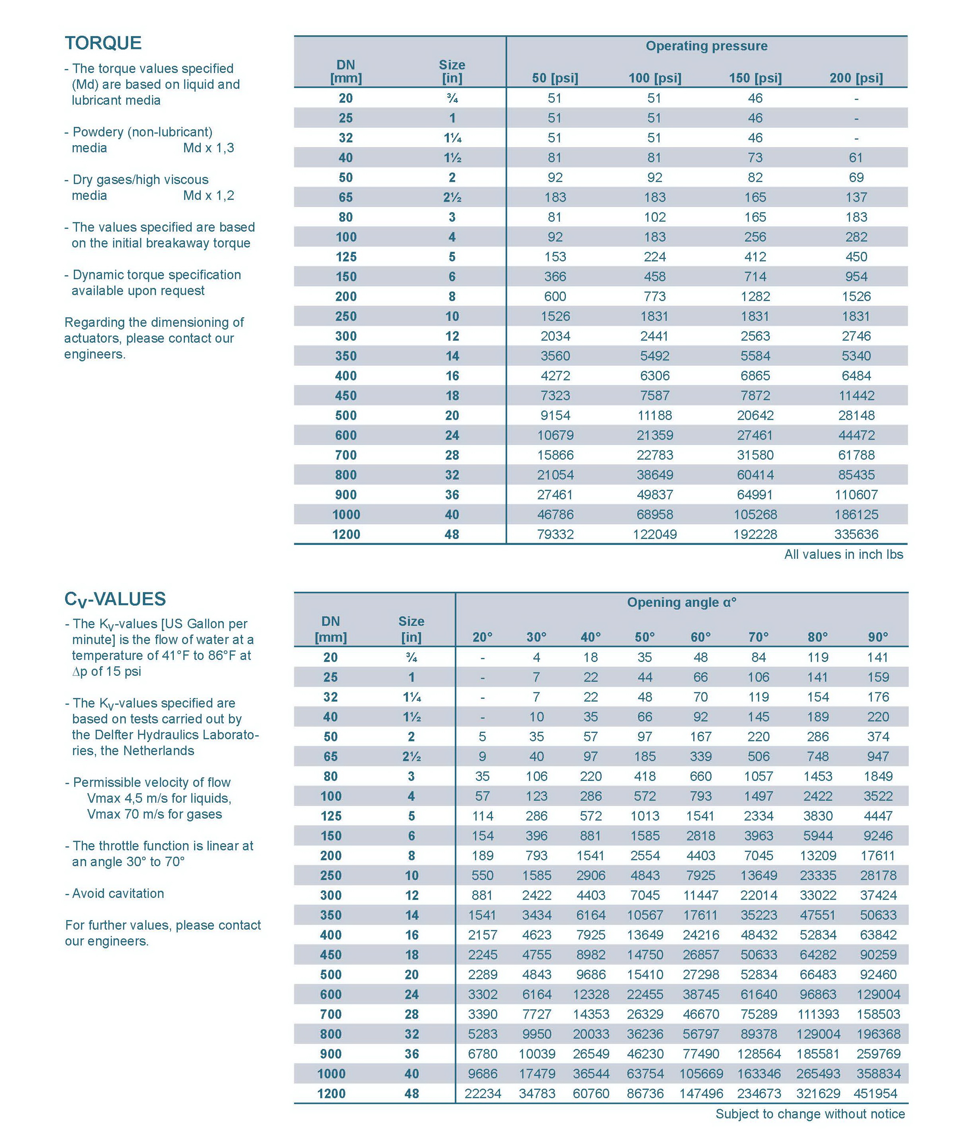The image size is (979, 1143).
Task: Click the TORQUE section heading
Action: (x=103, y=43)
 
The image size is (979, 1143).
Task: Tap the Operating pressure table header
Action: (x=706, y=46)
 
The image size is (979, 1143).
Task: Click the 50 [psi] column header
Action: (x=555, y=79)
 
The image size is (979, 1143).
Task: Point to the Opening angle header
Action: (x=681, y=602)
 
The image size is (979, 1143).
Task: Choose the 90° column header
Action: (x=877, y=637)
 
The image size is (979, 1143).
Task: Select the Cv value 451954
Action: (x=877, y=1093)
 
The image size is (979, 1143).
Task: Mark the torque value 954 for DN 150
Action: (x=856, y=276)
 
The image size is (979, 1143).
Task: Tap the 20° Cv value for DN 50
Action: (x=482, y=736)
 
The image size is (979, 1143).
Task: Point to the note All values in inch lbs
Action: (x=843, y=554)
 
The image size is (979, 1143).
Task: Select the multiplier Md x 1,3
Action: (x=209, y=148)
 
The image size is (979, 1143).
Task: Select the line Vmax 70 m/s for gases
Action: (x=154, y=814)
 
